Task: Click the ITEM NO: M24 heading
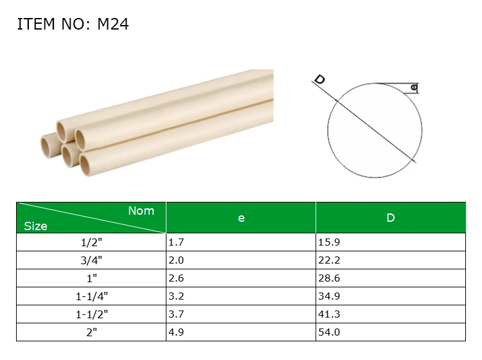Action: [x=73, y=24]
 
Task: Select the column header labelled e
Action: [x=241, y=218]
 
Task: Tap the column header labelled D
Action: [x=390, y=218]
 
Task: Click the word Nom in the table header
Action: [x=141, y=211]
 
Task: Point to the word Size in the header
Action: [x=35, y=226]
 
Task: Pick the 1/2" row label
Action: [x=91, y=242]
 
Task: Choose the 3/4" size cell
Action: [x=91, y=260]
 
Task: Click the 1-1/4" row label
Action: [x=91, y=296]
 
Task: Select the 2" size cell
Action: [x=91, y=332]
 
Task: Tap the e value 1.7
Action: [x=176, y=242]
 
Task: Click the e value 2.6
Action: [x=176, y=278]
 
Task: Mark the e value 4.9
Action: [x=176, y=332]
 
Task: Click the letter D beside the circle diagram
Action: [x=319, y=80]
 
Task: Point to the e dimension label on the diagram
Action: [x=414, y=87]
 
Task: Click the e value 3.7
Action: [x=176, y=314]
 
